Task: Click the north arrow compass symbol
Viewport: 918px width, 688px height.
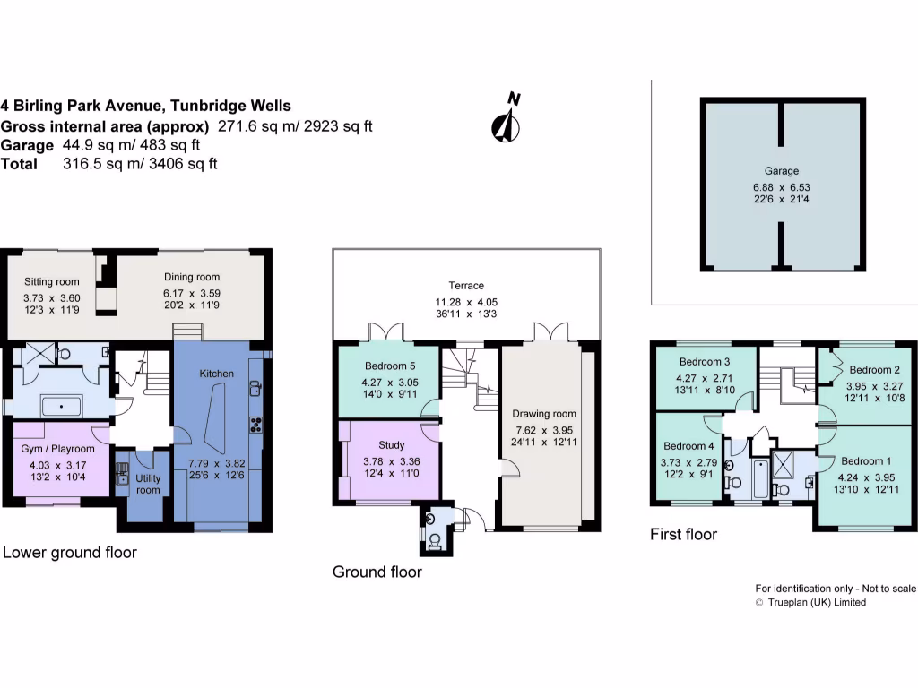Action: tap(507, 120)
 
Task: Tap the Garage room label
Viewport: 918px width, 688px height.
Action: tap(781, 170)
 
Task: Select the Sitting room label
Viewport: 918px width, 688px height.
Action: tap(46, 281)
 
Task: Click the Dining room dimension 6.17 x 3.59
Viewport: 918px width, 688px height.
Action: tap(191, 293)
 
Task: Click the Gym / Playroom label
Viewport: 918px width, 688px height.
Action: tap(57, 448)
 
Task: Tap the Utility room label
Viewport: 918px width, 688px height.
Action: tap(147, 484)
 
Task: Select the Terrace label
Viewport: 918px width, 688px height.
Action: tap(466, 285)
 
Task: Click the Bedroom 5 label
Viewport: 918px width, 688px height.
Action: tap(387, 366)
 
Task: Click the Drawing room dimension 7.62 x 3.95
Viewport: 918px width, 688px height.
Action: tap(544, 430)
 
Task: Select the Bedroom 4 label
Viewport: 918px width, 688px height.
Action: tap(688, 446)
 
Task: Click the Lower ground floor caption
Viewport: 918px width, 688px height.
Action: tap(69, 552)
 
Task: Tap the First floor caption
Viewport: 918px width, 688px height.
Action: tap(683, 534)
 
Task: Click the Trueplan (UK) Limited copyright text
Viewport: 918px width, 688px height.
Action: tap(816, 603)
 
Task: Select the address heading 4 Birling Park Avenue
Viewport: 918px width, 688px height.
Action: tap(145, 106)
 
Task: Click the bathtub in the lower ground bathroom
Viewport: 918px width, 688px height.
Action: tap(60, 406)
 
